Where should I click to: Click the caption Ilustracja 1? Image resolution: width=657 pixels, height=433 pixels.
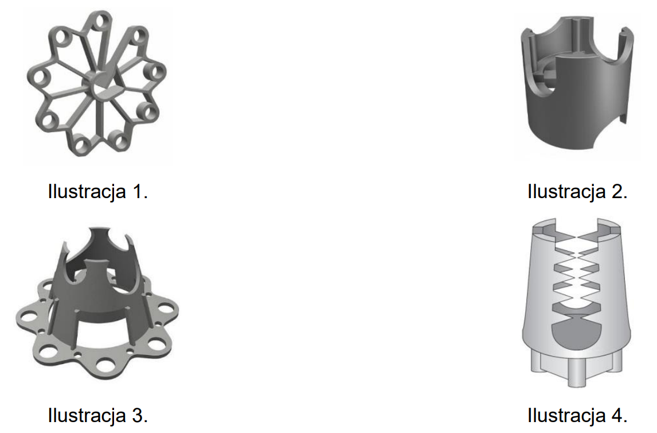click(98, 191)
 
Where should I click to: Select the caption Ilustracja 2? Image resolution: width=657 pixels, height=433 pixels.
click(577, 191)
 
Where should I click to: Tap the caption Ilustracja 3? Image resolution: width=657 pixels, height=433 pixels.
click(98, 415)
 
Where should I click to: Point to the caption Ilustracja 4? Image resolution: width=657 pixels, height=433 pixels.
click(577, 415)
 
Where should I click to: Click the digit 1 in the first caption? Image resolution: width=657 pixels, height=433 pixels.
click(138, 191)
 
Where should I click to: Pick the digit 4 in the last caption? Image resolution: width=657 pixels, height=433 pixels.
click(617, 415)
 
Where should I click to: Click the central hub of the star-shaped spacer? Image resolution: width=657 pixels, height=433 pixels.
click(100, 84)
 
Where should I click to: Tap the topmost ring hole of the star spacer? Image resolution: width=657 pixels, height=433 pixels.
click(101, 21)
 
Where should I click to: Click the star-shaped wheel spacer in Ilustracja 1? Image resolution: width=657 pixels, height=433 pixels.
click(97, 84)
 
